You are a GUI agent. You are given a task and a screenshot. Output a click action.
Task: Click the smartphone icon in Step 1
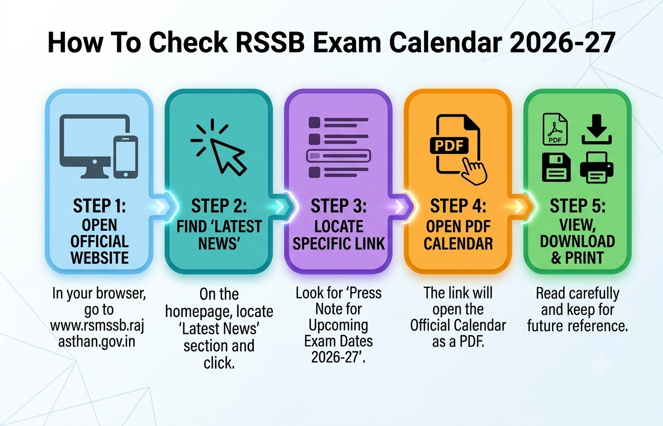126,157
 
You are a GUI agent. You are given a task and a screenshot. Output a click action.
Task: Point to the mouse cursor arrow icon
227,157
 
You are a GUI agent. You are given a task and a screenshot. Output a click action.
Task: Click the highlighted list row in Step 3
338,156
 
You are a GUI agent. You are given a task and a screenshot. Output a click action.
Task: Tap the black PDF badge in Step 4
449,146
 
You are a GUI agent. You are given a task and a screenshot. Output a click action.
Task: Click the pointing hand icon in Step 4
474,171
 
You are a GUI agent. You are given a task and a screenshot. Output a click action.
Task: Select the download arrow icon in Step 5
596,130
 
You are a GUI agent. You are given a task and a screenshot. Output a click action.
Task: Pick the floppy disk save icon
557,167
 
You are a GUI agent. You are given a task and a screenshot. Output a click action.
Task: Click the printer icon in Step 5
596,167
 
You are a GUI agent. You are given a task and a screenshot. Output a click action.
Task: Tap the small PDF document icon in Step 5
555,129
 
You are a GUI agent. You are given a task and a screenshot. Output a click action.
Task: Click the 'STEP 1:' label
99,206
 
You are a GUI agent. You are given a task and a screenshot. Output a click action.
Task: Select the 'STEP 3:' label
338,206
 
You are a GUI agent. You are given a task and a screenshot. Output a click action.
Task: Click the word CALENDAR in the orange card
458,244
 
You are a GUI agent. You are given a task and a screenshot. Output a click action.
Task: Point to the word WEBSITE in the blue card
99,258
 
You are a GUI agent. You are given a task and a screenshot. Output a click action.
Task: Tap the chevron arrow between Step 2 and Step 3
280,207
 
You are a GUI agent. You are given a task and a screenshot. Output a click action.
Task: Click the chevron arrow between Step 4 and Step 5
519,207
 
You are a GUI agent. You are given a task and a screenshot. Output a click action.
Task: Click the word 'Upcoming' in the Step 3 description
338,325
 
